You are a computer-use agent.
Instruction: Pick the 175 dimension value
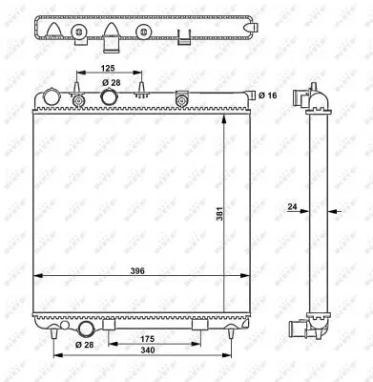tap(149, 338)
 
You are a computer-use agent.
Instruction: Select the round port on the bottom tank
tap(85, 330)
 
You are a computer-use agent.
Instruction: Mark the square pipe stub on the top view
tap(110, 44)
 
